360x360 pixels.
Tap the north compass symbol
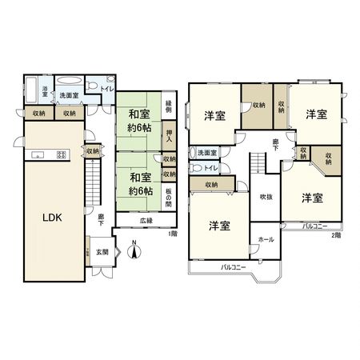click(135, 251)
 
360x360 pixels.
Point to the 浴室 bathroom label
click(46, 91)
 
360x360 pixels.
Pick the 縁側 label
click(169, 106)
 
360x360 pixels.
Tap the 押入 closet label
click(169, 135)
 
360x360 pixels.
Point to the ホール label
click(266, 239)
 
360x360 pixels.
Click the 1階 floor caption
click(172, 234)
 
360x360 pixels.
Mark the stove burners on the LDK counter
click(60, 154)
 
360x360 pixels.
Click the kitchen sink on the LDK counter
click(37, 154)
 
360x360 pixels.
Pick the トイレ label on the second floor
click(210, 168)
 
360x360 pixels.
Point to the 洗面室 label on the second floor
click(207, 152)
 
